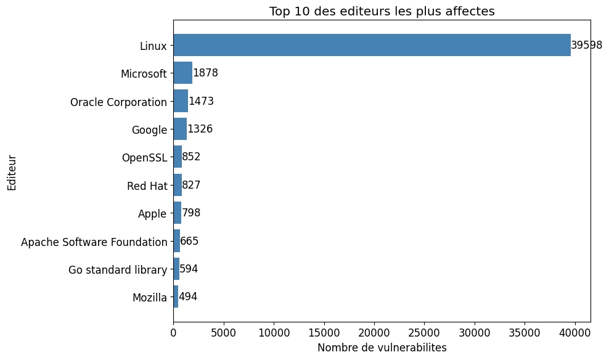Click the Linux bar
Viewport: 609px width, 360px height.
[x=372, y=45]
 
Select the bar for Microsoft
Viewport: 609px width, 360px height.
[x=182, y=73]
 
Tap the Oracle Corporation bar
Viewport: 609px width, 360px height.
[x=181, y=101]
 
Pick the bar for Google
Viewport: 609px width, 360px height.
[x=180, y=129]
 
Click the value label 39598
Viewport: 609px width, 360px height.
[x=586, y=45]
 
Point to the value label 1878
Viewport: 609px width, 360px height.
[x=205, y=73]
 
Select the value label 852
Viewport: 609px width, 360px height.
[x=191, y=157]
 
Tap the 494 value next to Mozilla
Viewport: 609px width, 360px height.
[x=188, y=297]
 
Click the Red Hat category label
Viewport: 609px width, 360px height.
[x=147, y=186]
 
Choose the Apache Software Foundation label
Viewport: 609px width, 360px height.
[x=94, y=242]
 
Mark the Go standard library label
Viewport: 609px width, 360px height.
[x=117, y=269]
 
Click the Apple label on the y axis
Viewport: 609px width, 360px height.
[x=152, y=214]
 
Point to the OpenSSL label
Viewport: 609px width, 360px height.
[x=144, y=157]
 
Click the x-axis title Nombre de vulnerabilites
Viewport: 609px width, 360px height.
[x=382, y=348]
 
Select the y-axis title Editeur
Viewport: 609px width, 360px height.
[x=12, y=173]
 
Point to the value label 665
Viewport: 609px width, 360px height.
[x=189, y=241]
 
